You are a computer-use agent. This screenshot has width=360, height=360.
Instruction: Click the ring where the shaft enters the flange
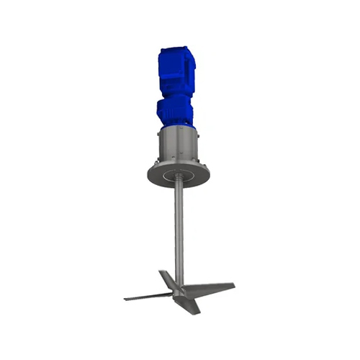point(176,175)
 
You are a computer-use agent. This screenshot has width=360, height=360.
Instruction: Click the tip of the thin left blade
point(126,298)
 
